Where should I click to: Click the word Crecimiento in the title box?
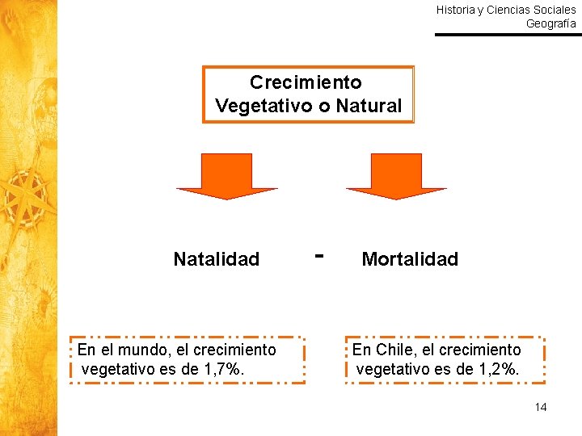[x=306, y=82]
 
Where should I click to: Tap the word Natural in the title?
[x=369, y=106]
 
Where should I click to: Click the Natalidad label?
[x=216, y=259]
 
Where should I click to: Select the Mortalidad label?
[x=410, y=259]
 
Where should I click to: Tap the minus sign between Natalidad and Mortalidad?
[x=320, y=255]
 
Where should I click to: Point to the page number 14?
[x=541, y=407]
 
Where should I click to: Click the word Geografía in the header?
[x=551, y=23]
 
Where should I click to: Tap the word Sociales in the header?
[x=555, y=10]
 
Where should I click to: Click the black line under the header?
[x=508, y=35]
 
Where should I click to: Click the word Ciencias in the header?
[x=508, y=10]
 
